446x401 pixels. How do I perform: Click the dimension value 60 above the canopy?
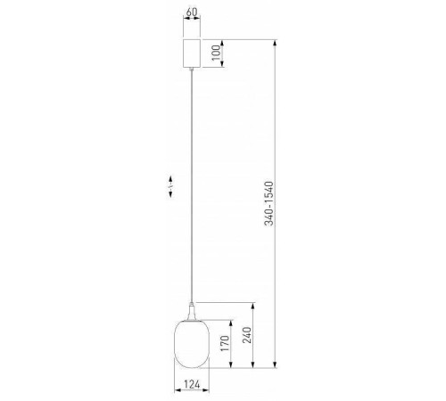pos(192,14)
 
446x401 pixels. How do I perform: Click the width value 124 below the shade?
pos(193,386)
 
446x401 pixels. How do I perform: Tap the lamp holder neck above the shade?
pos(193,311)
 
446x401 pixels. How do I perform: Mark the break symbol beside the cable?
pos(169,187)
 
